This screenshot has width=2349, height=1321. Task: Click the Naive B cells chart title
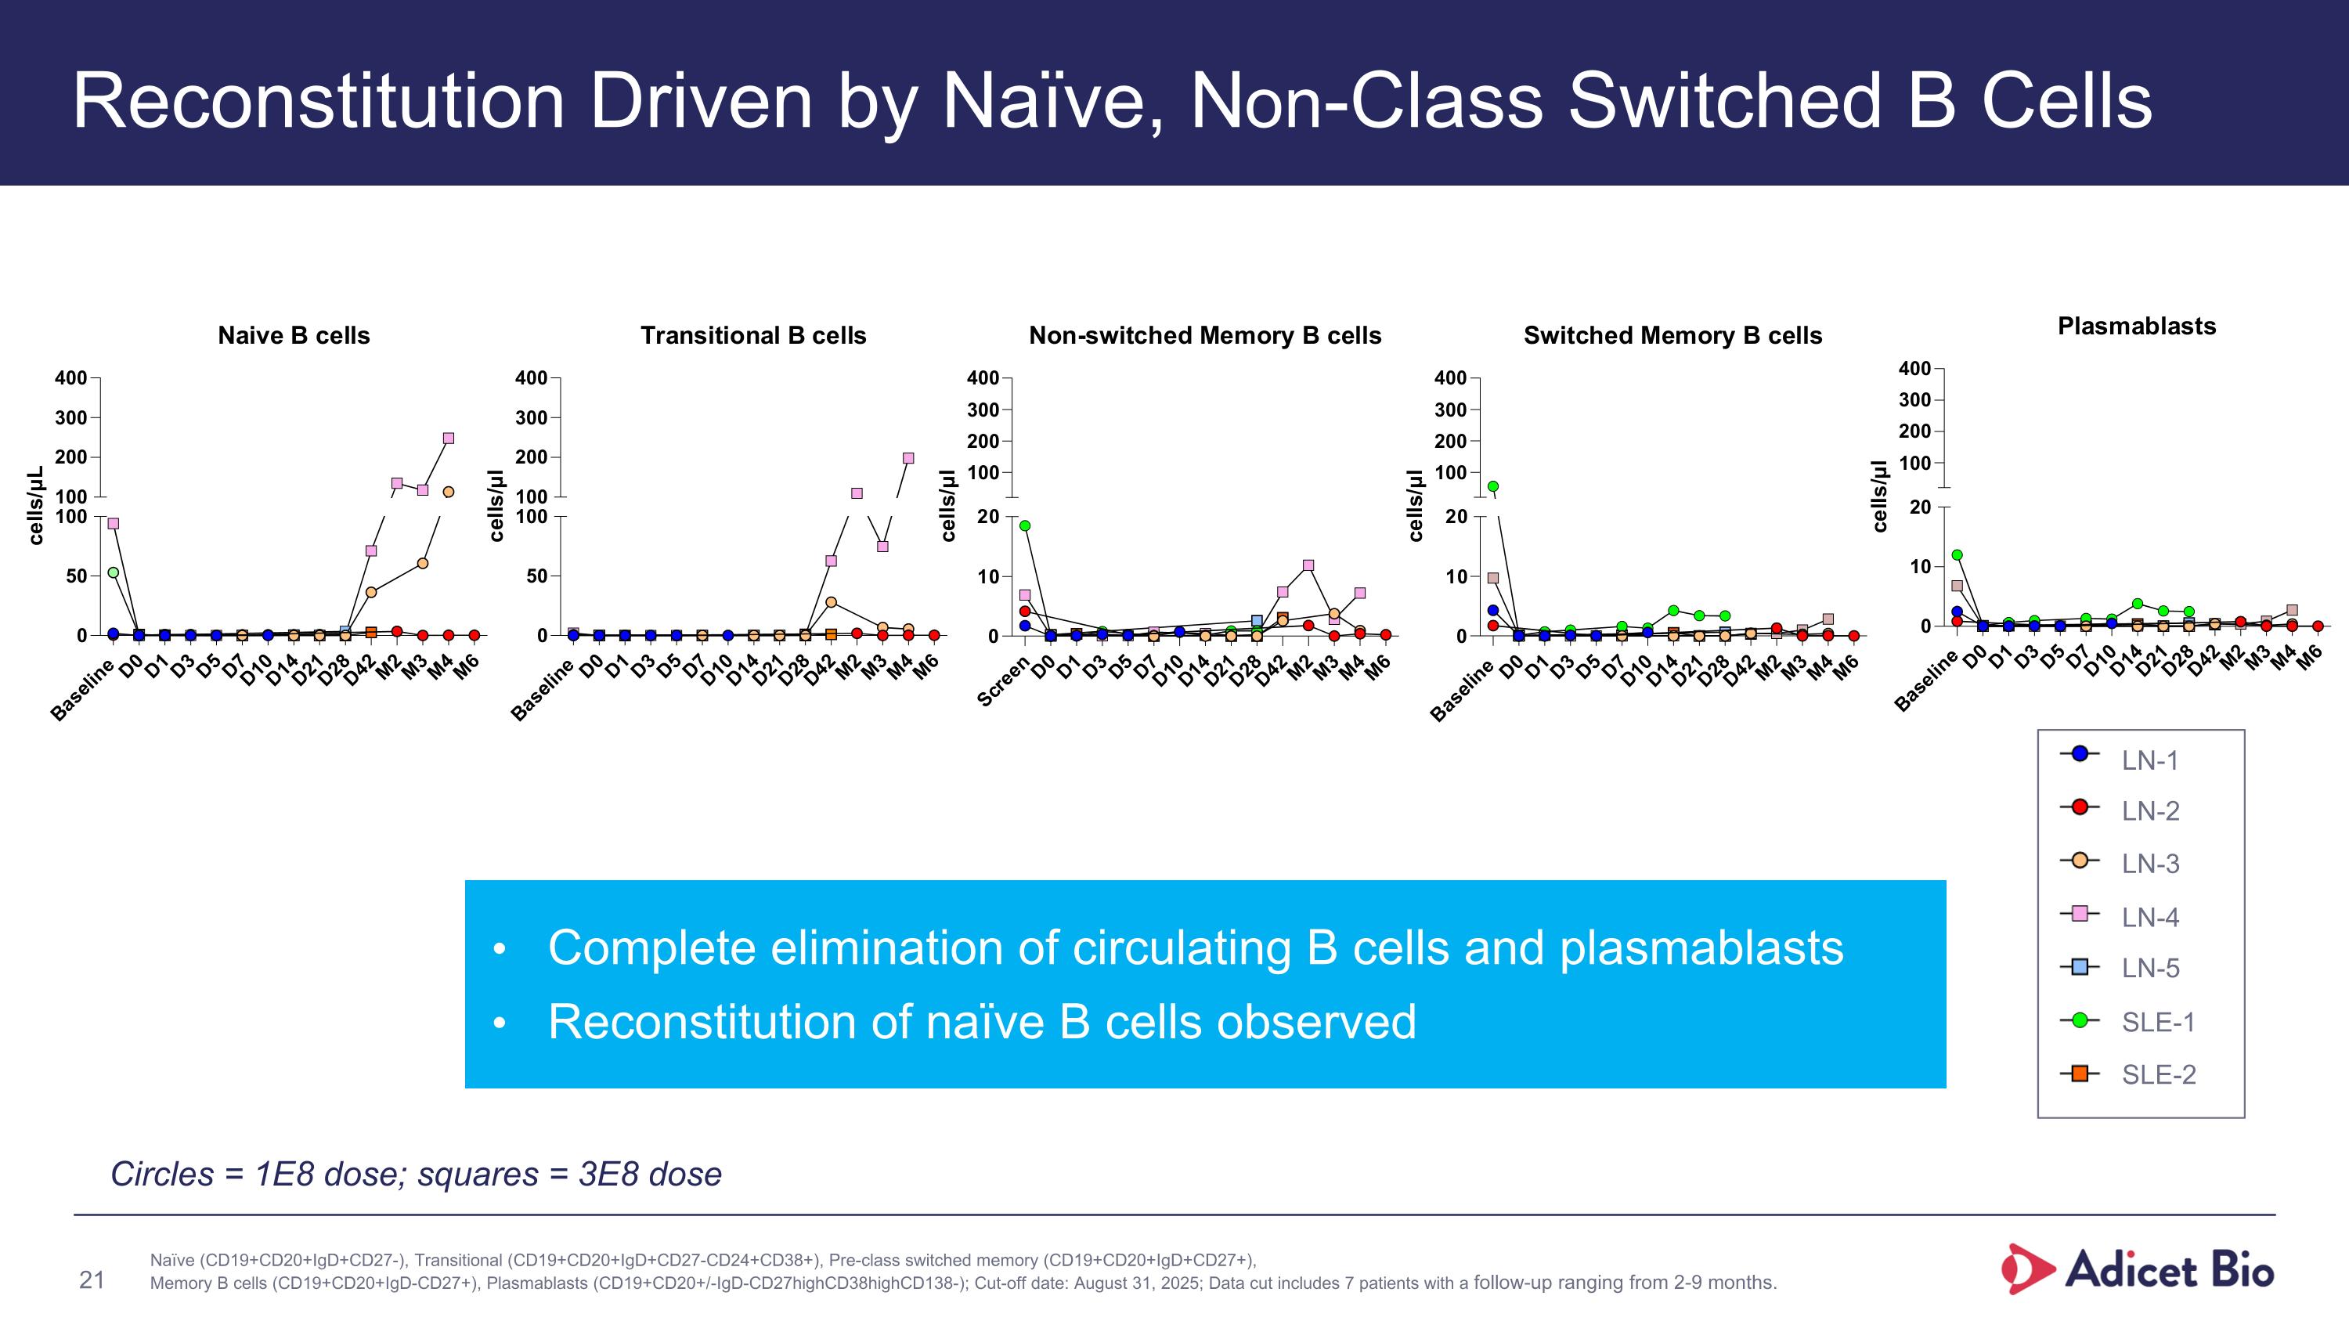294,335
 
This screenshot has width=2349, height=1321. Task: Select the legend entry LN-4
2149,916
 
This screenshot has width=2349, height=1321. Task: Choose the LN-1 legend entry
2149,760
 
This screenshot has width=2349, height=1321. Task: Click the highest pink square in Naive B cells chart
448,439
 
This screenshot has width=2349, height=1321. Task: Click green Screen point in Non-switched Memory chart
1025,526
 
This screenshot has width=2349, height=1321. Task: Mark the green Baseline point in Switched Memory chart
1492,487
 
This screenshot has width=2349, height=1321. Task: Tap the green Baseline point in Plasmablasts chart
1957,554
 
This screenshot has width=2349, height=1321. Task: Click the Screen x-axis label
1002,681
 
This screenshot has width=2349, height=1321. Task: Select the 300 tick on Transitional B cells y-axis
531,417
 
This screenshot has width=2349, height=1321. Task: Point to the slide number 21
92,1280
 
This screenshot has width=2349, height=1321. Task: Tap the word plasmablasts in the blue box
1701,948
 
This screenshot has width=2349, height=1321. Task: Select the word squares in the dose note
477,1175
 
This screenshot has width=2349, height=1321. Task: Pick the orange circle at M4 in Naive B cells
448,493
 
